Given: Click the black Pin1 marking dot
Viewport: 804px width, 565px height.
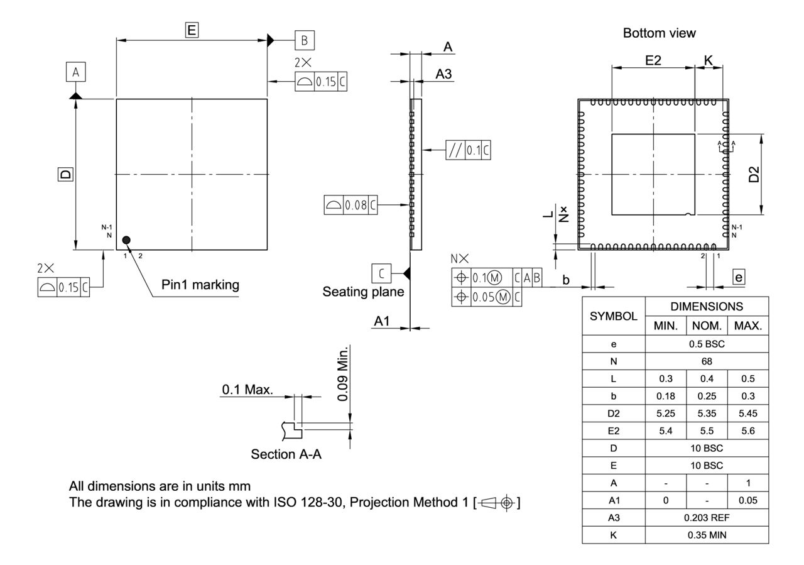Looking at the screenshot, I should (x=126, y=239).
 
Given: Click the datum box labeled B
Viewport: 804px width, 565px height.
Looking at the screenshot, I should (x=305, y=40).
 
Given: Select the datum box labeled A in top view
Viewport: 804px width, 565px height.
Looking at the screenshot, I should (x=75, y=73).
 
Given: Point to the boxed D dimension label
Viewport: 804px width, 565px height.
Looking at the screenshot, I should (x=65, y=174).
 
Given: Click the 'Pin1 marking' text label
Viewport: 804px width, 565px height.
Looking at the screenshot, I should (x=200, y=285).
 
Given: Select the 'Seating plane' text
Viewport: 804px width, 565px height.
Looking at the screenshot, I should (x=363, y=292).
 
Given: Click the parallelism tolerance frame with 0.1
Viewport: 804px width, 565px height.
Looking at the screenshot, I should (x=468, y=150).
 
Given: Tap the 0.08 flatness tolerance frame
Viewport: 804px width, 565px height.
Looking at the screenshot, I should (x=351, y=205).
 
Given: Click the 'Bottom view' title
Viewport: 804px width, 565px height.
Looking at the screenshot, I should (x=659, y=33).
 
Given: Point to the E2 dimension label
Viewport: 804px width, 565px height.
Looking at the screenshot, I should (x=653, y=60).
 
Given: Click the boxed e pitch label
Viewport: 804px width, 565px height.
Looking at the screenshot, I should (x=739, y=277).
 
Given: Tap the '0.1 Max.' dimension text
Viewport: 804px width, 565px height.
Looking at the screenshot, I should (x=247, y=390).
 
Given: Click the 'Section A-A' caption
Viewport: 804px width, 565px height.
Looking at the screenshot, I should (x=286, y=454).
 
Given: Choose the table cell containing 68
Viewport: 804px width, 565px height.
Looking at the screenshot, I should (x=707, y=361).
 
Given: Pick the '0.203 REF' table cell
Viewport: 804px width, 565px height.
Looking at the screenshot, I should (x=707, y=518).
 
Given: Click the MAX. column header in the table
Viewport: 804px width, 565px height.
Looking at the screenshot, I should (x=747, y=326).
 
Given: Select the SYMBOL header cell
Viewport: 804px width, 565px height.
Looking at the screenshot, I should (x=613, y=317).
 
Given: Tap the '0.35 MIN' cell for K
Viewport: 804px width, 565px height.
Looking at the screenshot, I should (x=707, y=535).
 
